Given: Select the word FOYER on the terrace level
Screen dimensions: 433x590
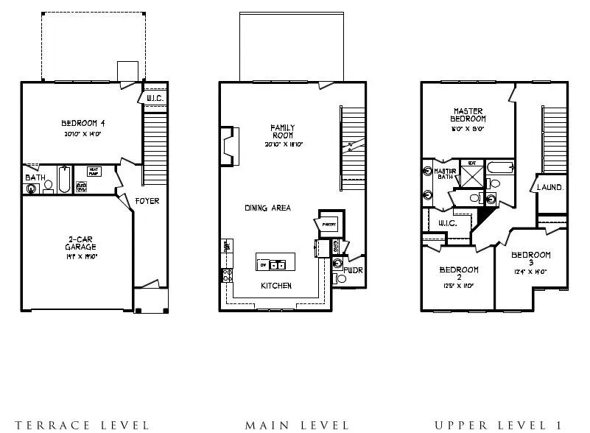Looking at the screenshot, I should tap(147, 201).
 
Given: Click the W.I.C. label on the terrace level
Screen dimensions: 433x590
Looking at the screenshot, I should tap(155, 98).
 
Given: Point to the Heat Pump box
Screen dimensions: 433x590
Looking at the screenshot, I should tap(94, 171).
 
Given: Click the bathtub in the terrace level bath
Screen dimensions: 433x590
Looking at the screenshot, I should tap(65, 180).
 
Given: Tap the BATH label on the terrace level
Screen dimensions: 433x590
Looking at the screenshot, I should tap(35, 177).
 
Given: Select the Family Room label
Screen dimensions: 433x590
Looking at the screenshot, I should tap(281, 131).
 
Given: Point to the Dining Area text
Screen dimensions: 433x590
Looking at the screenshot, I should tap(267, 208).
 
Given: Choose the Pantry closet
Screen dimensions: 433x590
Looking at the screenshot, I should tap(329, 224).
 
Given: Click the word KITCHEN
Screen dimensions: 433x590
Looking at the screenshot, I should tap(276, 286).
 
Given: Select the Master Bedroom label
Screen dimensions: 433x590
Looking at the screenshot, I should tap(468, 115).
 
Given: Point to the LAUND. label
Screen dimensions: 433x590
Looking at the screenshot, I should tap(550, 188).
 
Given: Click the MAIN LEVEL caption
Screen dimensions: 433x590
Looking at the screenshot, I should tap(297, 425).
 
